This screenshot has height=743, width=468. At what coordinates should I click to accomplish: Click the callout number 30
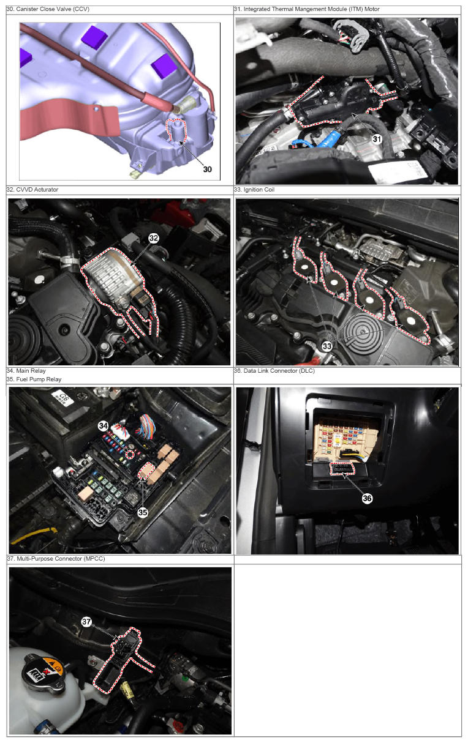[x=208, y=169]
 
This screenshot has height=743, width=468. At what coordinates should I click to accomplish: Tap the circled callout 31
[x=377, y=139]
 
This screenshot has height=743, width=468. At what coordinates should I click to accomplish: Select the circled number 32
[x=153, y=238]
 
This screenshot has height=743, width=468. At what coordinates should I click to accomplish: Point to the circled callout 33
[x=327, y=346]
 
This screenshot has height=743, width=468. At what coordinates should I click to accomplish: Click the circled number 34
[x=104, y=426]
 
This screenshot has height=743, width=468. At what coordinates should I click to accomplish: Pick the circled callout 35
[x=143, y=512]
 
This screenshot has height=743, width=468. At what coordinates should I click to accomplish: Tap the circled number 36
[x=367, y=498]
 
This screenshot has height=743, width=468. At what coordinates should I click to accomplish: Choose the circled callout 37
[x=86, y=621]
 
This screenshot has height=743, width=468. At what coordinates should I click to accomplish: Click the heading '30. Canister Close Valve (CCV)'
[x=48, y=9]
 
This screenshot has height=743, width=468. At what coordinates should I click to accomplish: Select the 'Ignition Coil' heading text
[x=259, y=190]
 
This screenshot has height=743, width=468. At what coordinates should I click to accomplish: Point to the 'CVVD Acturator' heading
[x=37, y=190]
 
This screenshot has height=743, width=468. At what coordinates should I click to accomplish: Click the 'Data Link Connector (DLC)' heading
[x=279, y=370]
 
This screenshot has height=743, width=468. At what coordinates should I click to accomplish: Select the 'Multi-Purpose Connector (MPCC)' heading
[x=61, y=559]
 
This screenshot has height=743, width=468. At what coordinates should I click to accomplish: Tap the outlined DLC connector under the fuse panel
[x=342, y=469]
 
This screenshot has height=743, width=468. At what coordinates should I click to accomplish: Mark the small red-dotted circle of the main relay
[x=130, y=455]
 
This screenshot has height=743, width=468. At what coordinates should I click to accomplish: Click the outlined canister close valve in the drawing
[x=176, y=130]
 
